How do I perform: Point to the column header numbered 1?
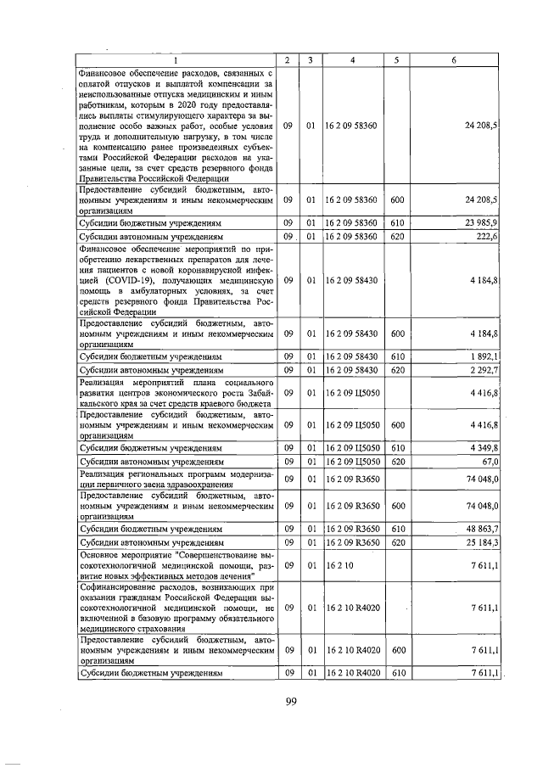point(176,60)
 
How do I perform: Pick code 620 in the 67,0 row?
point(396,462)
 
